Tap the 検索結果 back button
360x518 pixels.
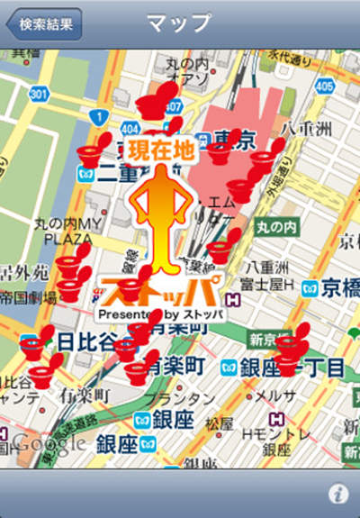click(44, 23)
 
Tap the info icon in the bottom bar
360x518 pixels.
click(338, 493)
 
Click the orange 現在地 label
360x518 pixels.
click(160, 150)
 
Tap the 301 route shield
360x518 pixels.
click(38, 92)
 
